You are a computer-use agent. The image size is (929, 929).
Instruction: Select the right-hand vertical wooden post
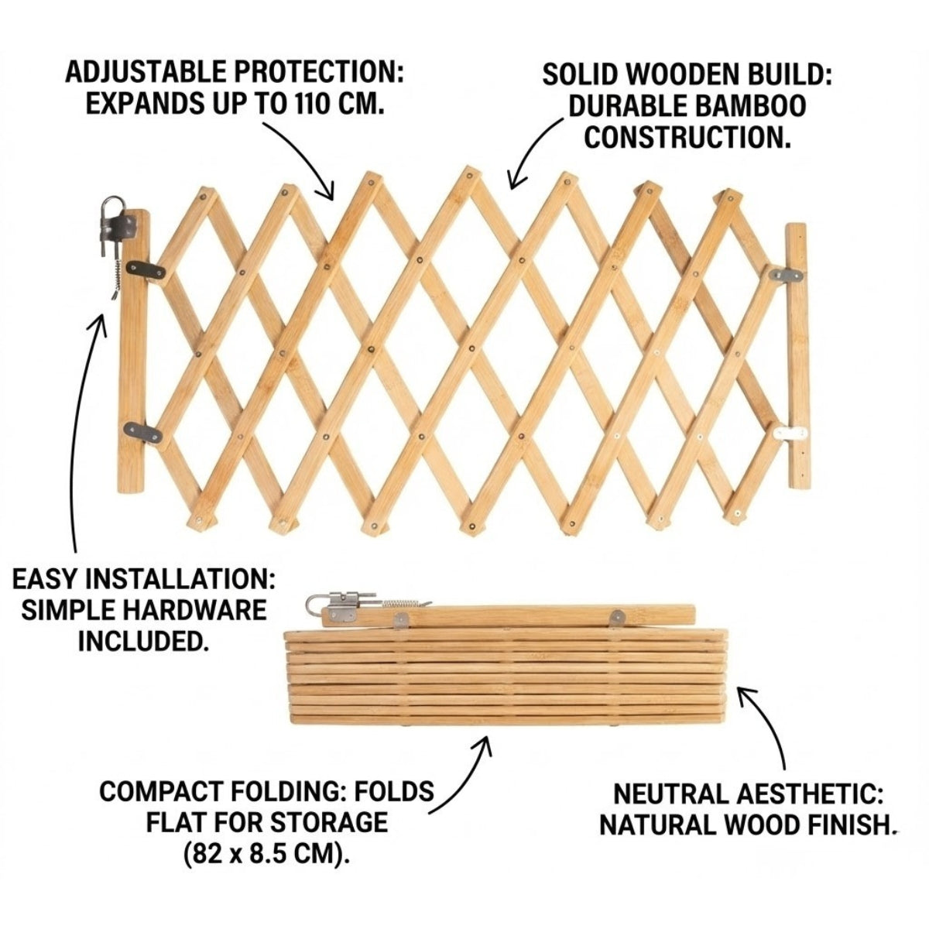797,356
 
